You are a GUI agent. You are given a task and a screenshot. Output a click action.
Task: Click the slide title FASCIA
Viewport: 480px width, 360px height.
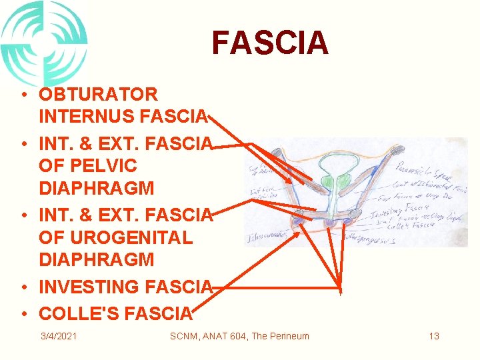(270, 43)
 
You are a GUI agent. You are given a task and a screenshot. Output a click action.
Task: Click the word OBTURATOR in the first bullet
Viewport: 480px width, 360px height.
(98, 95)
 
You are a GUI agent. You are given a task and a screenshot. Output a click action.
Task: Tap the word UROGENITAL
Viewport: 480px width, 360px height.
(126, 237)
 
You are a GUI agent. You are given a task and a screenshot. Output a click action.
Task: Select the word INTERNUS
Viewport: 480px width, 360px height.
(87, 117)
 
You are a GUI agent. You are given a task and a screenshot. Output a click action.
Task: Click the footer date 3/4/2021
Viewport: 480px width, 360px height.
(58, 336)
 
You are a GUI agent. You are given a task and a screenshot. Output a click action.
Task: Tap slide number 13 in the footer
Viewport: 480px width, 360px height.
(434, 336)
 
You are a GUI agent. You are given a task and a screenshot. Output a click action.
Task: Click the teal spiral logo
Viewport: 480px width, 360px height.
(44, 41)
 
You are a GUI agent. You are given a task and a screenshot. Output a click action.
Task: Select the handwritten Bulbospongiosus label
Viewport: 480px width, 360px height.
(369, 238)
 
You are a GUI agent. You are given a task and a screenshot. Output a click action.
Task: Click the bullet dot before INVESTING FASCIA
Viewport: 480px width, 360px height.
(23, 288)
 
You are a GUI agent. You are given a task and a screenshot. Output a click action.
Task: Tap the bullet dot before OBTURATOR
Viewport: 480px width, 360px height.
(23, 95)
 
